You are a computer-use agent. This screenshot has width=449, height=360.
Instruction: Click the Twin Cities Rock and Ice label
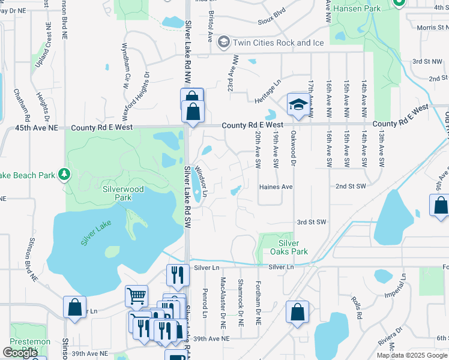279,43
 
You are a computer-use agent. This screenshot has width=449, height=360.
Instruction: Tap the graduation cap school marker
297,104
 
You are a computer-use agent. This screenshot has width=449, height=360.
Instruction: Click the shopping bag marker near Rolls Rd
297,312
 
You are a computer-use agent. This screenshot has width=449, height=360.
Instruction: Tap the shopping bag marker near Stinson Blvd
74,307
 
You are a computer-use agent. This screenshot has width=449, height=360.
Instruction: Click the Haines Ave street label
276,187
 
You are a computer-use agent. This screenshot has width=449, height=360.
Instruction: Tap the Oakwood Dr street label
294,149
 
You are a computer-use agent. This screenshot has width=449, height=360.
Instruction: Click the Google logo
20,353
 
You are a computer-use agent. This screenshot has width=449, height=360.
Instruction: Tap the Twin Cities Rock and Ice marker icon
223,42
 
